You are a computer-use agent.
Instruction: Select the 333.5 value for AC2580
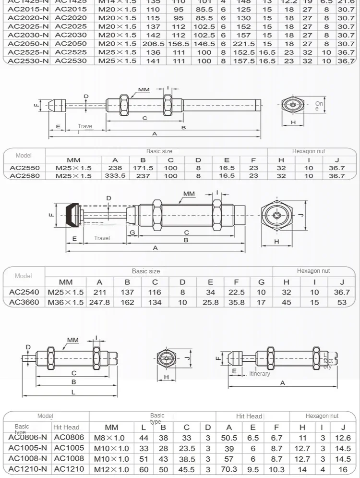pyautogui.click(x=115, y=176)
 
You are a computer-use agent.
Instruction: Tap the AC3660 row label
pyautogui.click(x=24, y=302)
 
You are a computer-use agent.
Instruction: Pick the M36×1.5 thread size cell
pyautogui.click(x=66, y=302)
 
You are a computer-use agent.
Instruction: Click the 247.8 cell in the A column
pyautogui.click(x=99, y=302)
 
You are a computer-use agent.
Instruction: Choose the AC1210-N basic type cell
pyautogui.click(x=28, y=469)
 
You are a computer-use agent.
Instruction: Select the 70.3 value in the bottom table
pyautogui.click(x=229, y=469)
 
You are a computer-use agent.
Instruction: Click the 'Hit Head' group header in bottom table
pyautogui.click(x=249, y=416)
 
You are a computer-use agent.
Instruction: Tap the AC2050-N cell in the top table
pyautogui.click(x=28, y=44)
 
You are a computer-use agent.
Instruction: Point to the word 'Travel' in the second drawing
pyautogui.click(x=102, y=238)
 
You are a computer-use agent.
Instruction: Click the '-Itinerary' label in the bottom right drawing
pyautogui.click(x=259, y=373)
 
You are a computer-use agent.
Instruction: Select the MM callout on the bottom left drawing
pyautogui.click(x=72, y=340)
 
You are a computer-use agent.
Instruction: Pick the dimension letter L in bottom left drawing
pyautogui.click(x=73, y=392)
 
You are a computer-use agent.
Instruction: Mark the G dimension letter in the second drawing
pyautogui.click(x=132, y=233)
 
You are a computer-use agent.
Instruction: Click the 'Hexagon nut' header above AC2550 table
pyautogui.click(x=309, y=151)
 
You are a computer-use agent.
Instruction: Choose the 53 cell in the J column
pyautogui.click(x=342, y=302)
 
